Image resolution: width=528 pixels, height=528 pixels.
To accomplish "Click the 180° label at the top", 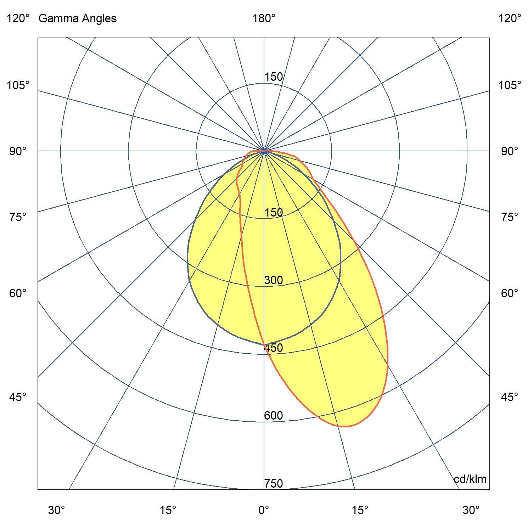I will coord(264,18).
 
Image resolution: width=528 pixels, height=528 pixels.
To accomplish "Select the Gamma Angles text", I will coord(77,18).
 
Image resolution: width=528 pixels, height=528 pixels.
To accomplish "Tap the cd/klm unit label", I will coord(470,479).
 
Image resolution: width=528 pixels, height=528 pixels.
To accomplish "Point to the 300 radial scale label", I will coord(274,280).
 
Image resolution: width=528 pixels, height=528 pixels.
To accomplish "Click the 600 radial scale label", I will coord(274,416).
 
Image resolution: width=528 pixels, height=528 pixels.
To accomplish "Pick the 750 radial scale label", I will coord(274,483).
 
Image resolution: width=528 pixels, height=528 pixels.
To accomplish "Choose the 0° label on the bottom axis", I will coord(264,510).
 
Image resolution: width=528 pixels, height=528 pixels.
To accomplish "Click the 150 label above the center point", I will coord(274,77).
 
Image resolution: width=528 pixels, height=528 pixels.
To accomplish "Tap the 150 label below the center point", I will coord(274,213).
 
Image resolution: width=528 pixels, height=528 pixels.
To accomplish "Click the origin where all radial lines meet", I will coord(264,151).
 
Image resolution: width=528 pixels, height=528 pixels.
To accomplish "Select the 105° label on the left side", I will coord(18,85).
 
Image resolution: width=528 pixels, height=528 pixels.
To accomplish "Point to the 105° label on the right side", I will coord(510,85).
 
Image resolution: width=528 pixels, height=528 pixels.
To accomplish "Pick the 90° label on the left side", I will coord(18,151).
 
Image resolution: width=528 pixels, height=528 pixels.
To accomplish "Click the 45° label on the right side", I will coord(510,397).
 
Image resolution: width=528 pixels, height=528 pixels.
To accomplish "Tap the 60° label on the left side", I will coord(18,293).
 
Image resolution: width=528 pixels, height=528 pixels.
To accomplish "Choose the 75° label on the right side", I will coord(510,217).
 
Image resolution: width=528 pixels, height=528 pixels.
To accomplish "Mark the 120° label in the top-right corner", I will coord(510,18).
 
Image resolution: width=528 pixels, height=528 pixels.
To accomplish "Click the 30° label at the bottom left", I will coord(57,510).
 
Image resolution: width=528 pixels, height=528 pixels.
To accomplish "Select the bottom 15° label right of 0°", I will coord(360,510).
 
